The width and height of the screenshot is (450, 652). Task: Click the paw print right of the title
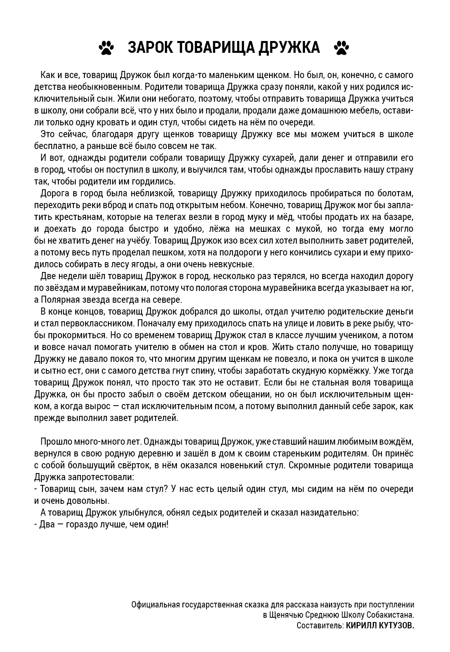(x=341, y=48)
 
